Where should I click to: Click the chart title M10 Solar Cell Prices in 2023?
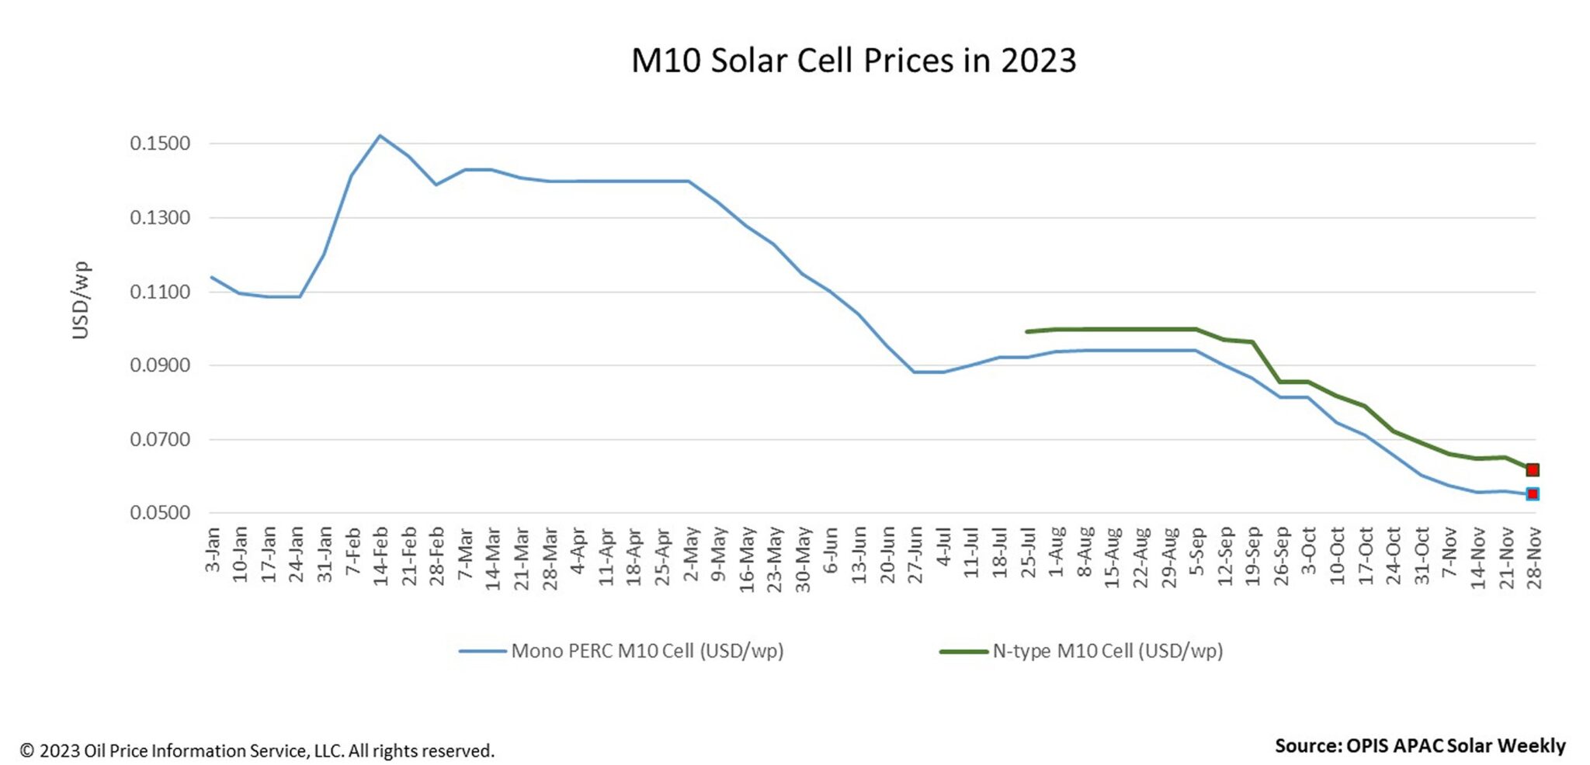point(853,61)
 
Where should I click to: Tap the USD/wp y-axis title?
point(81,300)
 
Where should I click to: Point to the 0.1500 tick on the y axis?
point(160,144)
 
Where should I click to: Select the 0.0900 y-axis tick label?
point(160,365)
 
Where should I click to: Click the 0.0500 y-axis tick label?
point(160,513)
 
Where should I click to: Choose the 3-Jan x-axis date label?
point(212,550)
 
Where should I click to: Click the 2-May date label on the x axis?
point(690,553)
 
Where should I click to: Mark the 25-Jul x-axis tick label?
point(1028,556)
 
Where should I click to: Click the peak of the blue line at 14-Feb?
point(380,136)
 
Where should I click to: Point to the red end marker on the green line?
point(1533,470)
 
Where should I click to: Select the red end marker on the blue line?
point(1533,494)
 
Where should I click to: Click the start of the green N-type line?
point(1027,332)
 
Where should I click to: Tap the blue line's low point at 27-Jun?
point(915,372)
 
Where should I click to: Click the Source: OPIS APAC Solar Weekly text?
point(1419,746)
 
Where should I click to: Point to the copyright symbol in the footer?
point(27,751)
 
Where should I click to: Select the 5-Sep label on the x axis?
point(1196,553)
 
